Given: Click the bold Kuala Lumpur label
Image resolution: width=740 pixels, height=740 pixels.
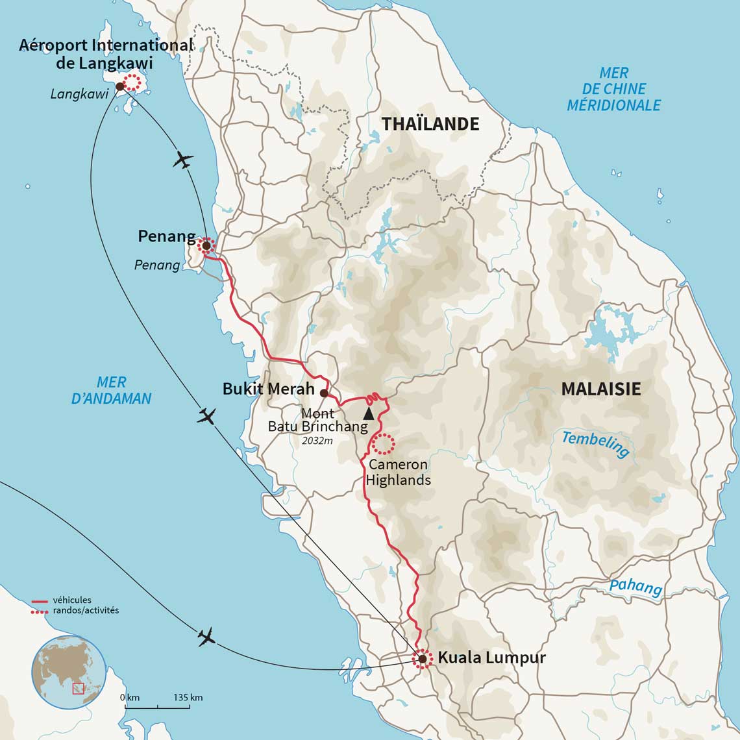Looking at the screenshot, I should [491, 657].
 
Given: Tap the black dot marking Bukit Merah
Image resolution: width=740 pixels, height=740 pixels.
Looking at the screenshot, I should [324, 393].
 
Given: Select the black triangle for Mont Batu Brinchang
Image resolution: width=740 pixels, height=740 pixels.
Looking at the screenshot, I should [368, 413].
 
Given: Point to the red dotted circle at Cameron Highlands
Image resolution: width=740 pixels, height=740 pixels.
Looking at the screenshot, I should [382, 443].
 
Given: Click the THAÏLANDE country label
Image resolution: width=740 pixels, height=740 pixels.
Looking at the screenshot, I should [430, 123].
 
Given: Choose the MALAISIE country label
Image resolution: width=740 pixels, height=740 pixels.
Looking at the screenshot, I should [600, 388].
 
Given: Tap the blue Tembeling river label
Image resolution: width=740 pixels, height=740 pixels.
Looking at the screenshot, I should [595, 445].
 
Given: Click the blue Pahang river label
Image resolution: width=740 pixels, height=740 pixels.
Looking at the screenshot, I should [635, 587].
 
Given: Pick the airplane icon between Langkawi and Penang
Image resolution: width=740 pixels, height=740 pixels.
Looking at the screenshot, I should [184, 160].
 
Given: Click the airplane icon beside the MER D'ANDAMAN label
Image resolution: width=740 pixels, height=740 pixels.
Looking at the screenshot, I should [207, 415].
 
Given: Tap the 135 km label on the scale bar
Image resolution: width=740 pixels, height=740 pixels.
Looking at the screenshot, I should [188, 698].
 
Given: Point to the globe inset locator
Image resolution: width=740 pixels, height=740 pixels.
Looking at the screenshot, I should [68, 671].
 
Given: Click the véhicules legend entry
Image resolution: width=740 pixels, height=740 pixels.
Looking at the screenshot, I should [71, 600].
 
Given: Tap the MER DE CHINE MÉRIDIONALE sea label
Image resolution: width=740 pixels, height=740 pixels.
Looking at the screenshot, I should [613, 89].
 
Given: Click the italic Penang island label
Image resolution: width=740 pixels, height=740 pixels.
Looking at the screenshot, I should [157, 265].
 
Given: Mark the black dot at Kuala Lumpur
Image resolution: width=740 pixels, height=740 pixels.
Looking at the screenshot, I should [423, 659].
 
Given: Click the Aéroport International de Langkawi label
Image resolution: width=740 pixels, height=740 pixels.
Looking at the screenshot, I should [106, 54].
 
